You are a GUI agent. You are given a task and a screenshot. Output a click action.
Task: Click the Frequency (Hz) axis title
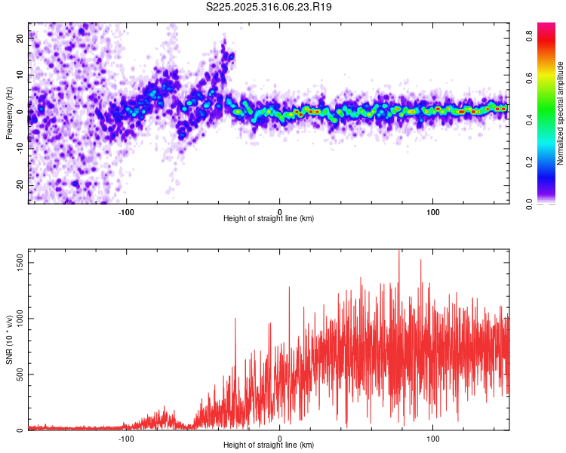point(9,112)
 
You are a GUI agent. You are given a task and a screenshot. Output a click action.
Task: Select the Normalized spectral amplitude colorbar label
point(560,114)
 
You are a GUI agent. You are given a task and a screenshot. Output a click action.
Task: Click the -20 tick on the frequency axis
point(19,185)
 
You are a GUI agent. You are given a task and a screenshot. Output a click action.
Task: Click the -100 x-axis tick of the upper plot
point(126,211)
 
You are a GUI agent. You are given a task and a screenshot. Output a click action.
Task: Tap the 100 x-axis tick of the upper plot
point(433,211)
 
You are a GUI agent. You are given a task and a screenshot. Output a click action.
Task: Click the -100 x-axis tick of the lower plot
point(126,438)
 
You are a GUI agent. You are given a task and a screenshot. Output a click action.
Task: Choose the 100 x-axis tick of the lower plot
point(433,438)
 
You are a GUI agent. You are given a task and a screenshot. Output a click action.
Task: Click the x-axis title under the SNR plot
point(269,445)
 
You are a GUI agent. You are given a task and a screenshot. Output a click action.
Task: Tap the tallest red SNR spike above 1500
point(398,252)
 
